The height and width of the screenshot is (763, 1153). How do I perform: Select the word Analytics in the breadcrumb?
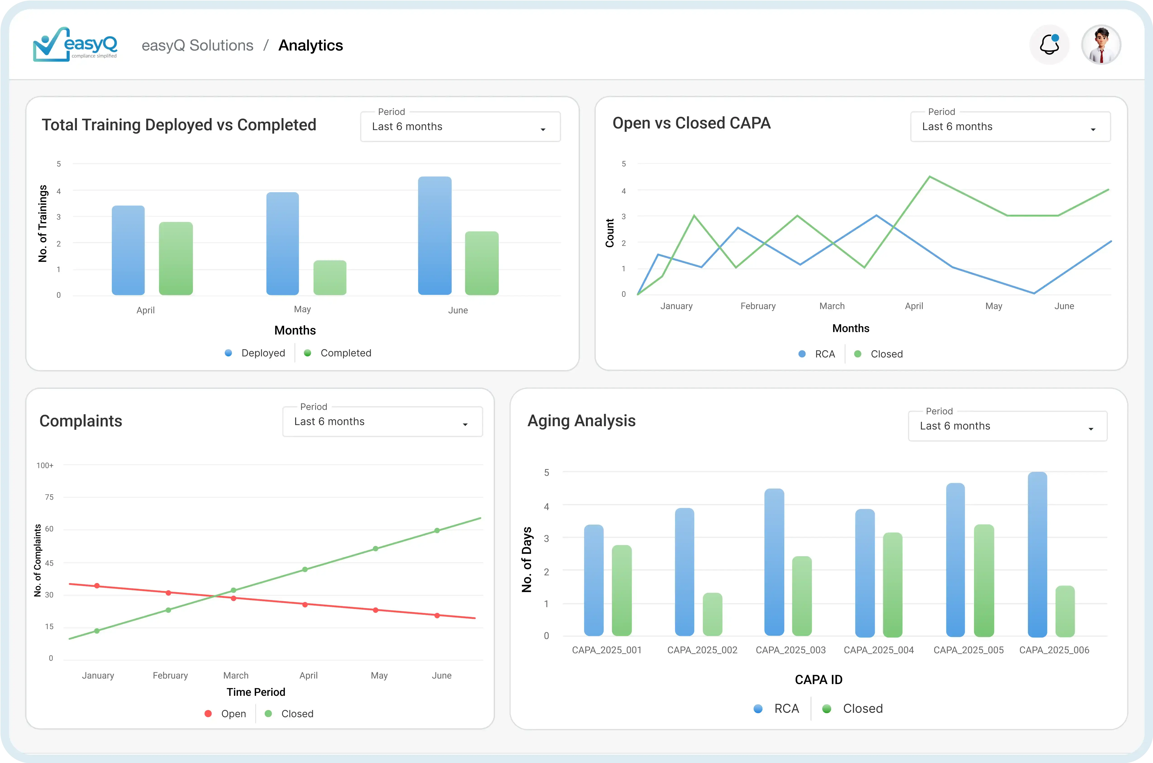[x=310, y=45]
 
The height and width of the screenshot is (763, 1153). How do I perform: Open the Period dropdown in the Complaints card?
[x=382, y=421]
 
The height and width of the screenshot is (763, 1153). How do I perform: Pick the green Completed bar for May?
[x=330, y=277]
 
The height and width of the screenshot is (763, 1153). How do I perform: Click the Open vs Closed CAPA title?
[x=691, y=123]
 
